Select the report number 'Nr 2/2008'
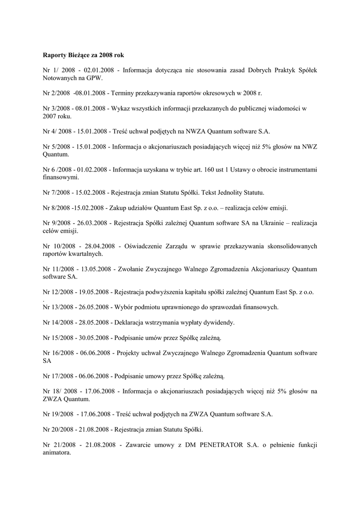coord(56,93)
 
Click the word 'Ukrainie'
coord(270,223)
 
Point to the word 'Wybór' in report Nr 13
coord(124,307)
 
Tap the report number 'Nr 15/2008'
coord(58,338)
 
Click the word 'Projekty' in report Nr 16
coord(134,353)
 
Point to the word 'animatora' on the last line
coord(57,453)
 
